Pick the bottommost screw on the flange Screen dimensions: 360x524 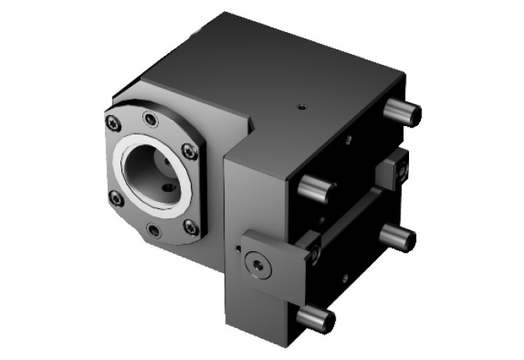pyautogui.click(x=154, y=230)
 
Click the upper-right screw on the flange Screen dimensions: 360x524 pyautogui.click(x=188, y=150)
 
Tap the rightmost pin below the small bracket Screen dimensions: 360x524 pyautogui.click(x=397, y=236)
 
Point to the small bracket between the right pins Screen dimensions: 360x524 pyautogui.click(x=390, y=170)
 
